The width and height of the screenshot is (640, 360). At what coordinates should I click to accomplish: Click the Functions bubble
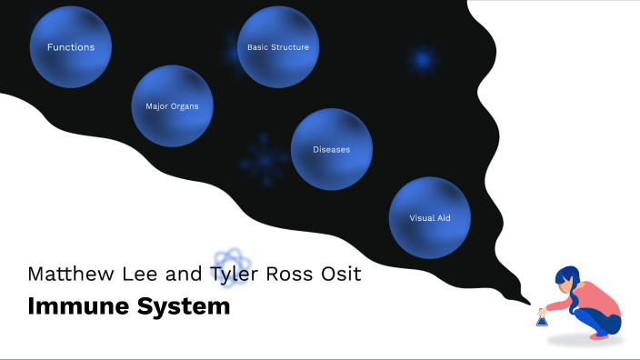(71, 47)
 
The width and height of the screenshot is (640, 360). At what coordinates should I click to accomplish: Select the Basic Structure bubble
(278, 47)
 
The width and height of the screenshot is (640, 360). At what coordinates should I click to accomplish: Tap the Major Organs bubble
(172, 106)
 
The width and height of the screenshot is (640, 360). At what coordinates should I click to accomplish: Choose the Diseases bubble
(331, 149)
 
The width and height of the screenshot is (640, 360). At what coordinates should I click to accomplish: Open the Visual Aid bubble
(429, 218)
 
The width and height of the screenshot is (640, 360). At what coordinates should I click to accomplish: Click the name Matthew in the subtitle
(65, 274)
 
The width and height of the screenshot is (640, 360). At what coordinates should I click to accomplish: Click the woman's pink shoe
(599, 335)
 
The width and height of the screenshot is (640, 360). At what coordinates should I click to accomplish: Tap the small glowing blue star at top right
(421, 60)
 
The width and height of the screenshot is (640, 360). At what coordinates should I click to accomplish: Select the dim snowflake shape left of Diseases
(264, 159)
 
